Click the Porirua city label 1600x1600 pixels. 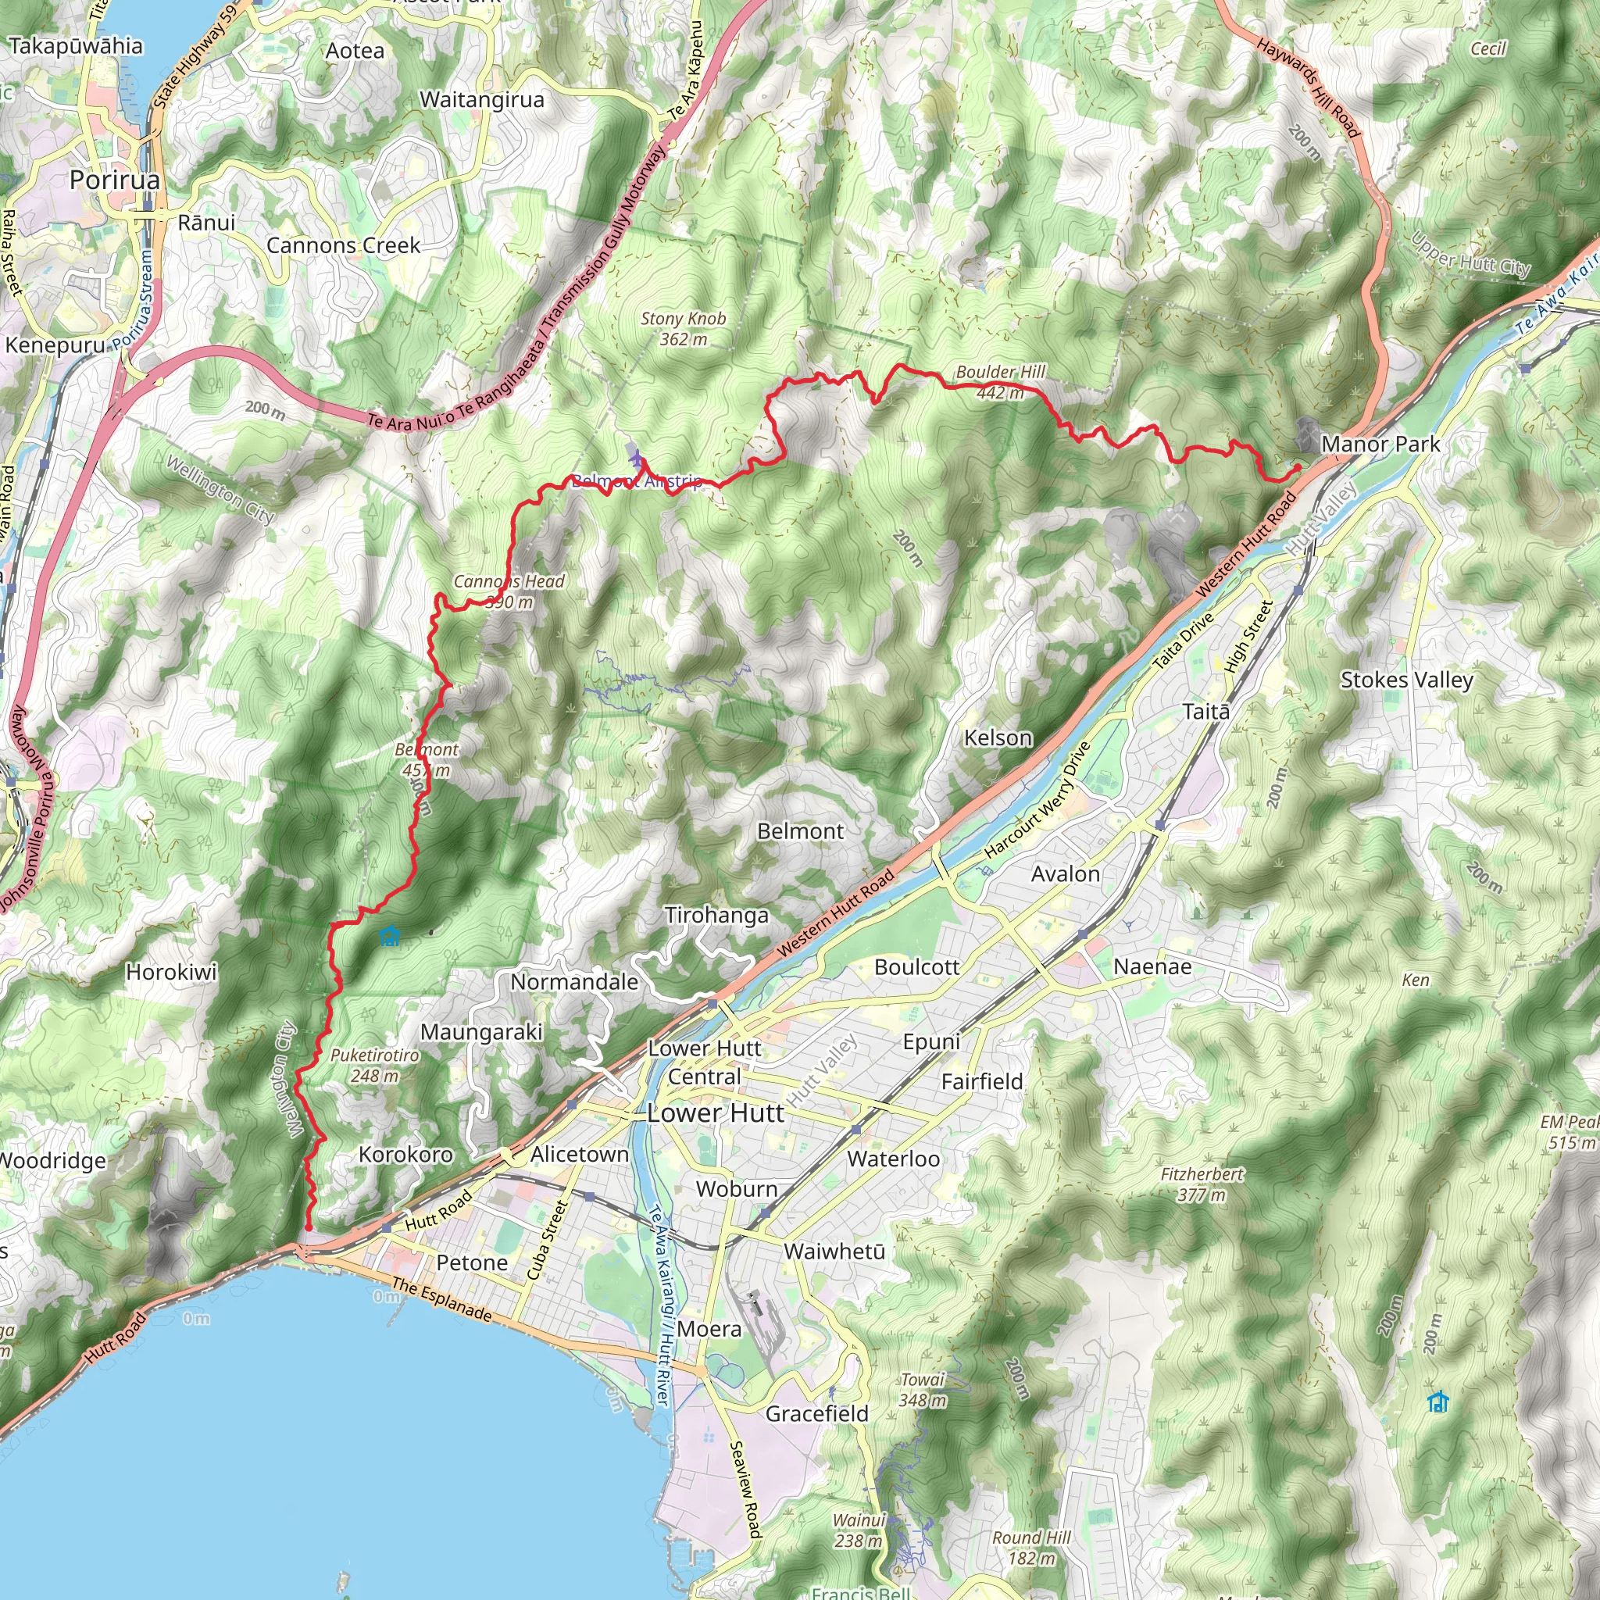pos(114,180)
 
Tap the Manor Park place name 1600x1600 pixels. pos(1380,444)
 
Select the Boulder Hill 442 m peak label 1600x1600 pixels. pos(1001,382)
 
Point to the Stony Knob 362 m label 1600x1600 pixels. pos(684,328)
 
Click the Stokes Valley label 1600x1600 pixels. pos(1406,680)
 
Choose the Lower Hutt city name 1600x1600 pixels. pos(715,1113)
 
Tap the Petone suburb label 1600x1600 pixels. pos(472,1262)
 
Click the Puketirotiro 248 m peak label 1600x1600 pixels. pos(374,1065)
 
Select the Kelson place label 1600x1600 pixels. pos(998,737)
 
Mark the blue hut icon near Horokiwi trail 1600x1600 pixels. pos(389,937)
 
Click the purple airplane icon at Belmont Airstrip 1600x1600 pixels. pos(635,455)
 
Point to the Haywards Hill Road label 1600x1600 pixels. pos(1309,87)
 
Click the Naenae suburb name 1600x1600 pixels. pos(1152,966)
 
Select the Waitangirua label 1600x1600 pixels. pos(482,100)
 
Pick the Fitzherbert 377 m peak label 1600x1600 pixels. pos(1202,1184)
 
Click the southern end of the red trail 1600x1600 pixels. pos(308,1228)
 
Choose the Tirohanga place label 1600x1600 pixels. pos(716,915)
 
